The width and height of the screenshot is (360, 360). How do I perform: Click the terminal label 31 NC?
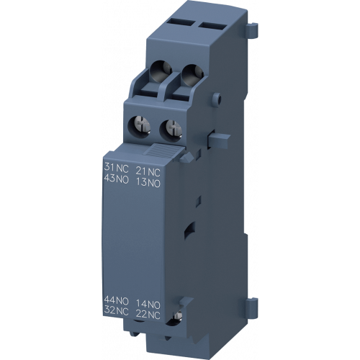[117, 168]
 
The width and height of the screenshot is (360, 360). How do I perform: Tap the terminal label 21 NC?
[148, 171]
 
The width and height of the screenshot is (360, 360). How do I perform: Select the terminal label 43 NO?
[117, 179]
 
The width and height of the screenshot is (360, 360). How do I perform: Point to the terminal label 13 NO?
[148, 183]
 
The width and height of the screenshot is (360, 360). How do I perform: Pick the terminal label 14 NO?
[148, 304]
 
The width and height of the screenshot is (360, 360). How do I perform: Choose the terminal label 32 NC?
[117, 310]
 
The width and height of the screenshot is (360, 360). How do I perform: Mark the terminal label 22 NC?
[148, 314]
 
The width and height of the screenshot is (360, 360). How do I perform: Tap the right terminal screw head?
[172, 127]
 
